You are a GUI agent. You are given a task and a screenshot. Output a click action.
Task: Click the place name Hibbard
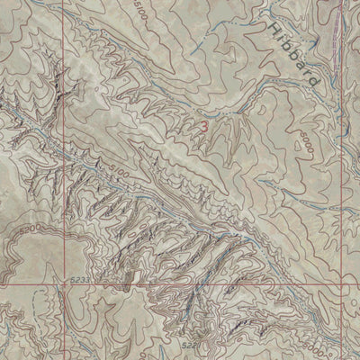[294, 55]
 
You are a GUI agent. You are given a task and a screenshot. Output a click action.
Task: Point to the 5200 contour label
[25, 229]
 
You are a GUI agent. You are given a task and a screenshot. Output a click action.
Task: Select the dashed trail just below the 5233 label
[79, 291]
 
